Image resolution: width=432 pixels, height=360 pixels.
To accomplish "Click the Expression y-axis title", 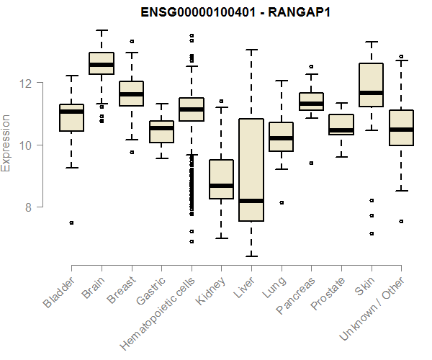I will [6, 145].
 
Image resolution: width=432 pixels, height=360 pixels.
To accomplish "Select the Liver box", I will [251, 170].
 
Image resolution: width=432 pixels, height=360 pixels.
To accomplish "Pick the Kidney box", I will [221, 179].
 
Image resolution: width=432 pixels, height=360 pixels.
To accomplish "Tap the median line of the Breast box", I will [131, 94].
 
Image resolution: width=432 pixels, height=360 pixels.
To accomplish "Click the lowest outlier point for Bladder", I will [71, 223].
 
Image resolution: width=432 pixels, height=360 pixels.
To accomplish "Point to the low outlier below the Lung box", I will [281, 203].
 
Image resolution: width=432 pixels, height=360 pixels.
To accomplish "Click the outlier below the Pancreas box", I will [311, 163].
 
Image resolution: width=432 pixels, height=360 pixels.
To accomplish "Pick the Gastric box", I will [161, 132].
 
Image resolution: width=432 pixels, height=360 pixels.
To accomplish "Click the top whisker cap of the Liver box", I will [251, 50].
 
